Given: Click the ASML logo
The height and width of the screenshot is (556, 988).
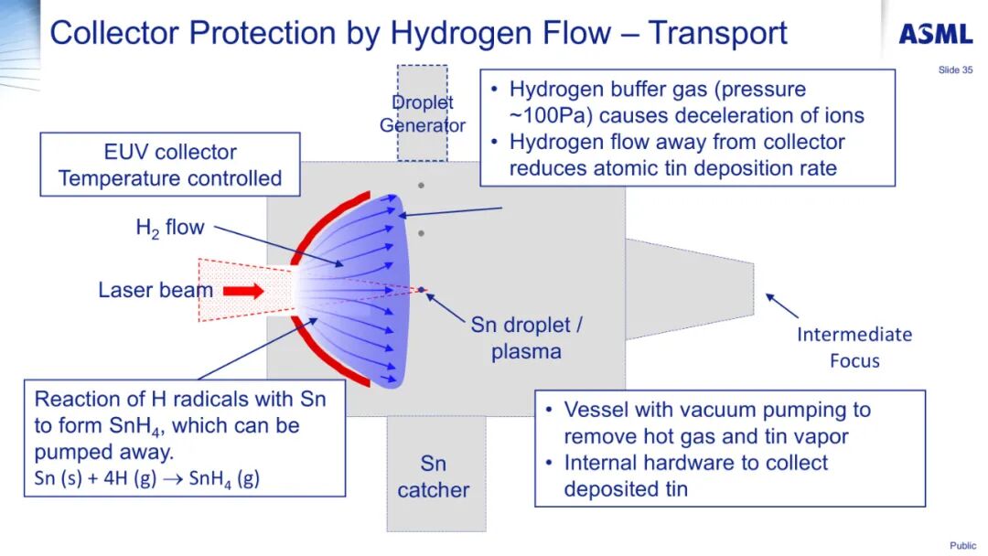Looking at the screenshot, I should pyautogui.click(x=935, y=35).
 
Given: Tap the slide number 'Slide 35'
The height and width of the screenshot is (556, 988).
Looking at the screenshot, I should pyautogui.click(x=955, y=70).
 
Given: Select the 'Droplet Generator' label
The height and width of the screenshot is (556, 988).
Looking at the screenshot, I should pyautogui.click(x=423, y=114).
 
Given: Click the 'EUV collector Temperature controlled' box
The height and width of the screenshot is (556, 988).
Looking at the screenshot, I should pyautogui.click(x=170, y=165).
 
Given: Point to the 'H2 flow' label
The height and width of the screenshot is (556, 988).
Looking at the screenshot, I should pyautogui.click(x=170, y=228).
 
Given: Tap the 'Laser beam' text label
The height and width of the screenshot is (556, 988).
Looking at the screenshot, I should pyautogui.click(x=156, y=291).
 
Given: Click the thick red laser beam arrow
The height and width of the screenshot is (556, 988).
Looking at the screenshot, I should pyautogui.click(x=243, y=292).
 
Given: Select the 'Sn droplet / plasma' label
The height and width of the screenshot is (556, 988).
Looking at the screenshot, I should pyautogui.click(x=526, y=337).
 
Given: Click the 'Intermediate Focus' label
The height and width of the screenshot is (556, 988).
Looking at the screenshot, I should pyautogui.click(x=854, y=347).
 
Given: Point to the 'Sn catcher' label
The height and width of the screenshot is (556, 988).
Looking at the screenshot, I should pyautogui.click(x=434, y=476).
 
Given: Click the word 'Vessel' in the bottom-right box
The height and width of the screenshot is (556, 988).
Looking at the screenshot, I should pyautogui.click(x=596, y=410).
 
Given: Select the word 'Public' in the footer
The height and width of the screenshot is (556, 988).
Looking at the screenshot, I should pyautogui.click(x=962, y=546).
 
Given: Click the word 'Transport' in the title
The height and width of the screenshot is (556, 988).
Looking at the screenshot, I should pyautogui.click(x=717, y=33).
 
